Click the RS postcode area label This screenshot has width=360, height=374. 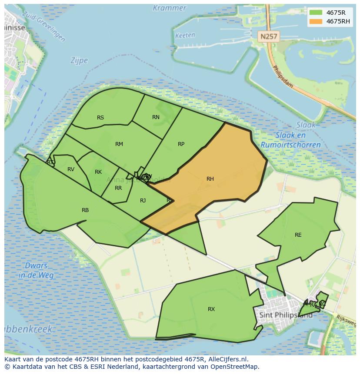pyautogui.click(x=100, y=118)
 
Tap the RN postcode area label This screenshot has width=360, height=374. pyautogui.click(x=156, y=117)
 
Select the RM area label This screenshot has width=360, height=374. pyautogui.click(x=119, y=144)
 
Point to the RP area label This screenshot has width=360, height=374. pyautogui.click(x=181, y=144)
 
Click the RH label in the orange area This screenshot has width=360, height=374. pyautogui.click(x=210, y=179)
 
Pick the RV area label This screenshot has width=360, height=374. pyautogui.click(x=71, y=169)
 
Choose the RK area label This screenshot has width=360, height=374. pyautogui.click(x=98, y=172)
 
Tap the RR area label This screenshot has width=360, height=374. pyautogui.click(x=118, y=188)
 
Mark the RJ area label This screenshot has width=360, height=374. pyautogui.click(x=143, y=200)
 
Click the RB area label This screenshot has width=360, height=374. pyautogui.click(x=85, y=210)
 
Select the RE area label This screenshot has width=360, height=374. pyautogui.click(x=298, y=235)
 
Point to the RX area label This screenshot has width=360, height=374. pyautogui.click(x=211, y=309)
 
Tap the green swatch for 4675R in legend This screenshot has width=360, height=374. pyautogui.click(x=315, y=13)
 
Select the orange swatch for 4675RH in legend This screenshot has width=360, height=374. pyautogui.click(x=315, y=21)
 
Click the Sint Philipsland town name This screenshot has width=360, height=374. pyautogui.click(x=285, y=315)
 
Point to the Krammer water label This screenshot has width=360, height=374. pyautogui.click(x=170, y=8)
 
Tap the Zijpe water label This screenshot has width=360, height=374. pyautogui.click(x=79, y=61)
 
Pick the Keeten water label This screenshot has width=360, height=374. pyautogui.click(x=185, y=36)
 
